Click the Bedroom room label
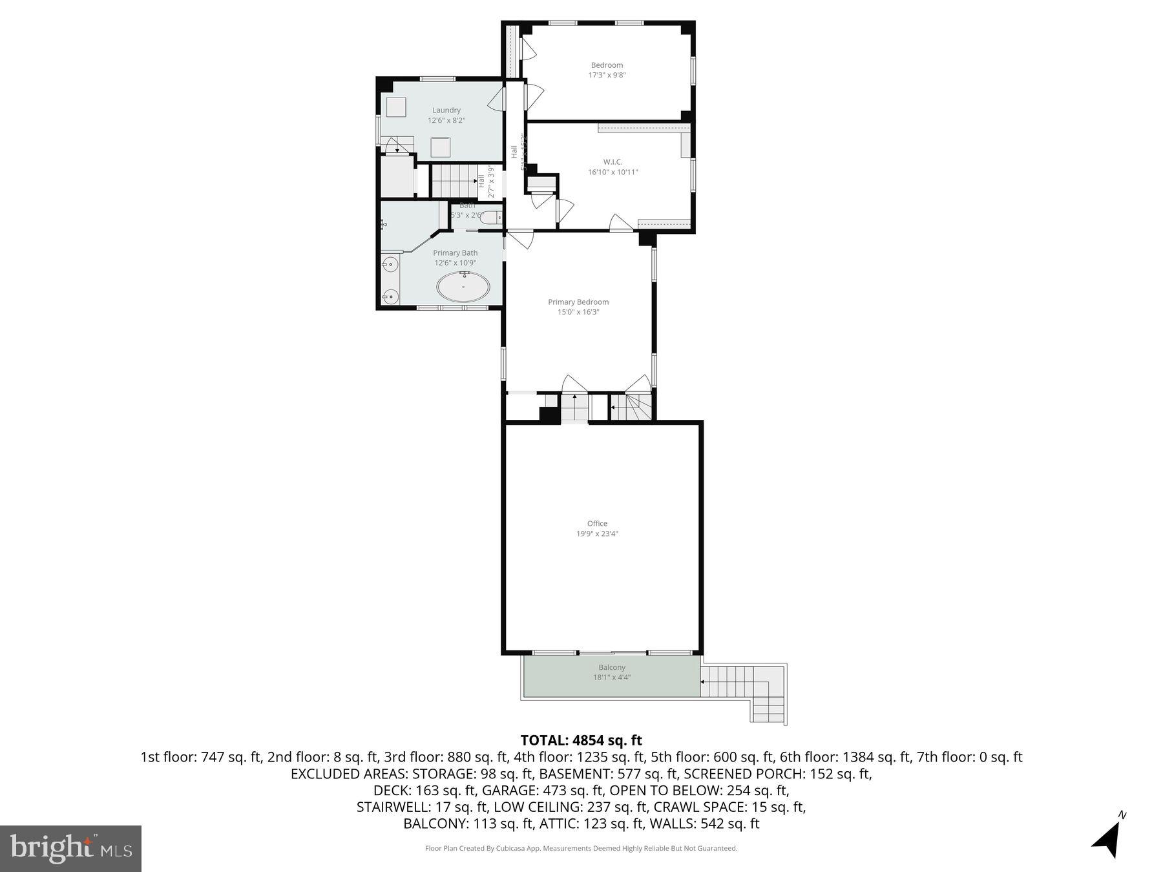pos(607,65)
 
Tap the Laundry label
pos(446,110)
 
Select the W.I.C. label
pos(613,162)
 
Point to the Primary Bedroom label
pos(578,302)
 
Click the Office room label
pos(597,523)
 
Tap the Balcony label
pos(612,667)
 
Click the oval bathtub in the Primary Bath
pos(463,287)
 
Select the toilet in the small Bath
pos(492,217)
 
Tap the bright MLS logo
pos(70,848)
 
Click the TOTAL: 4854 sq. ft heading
pos(581,740)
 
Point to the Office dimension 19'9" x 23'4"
pos(597,534)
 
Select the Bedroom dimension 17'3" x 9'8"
pos(607,75)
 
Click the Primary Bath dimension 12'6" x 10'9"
pos(456,263)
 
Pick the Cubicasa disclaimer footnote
pos(581,848)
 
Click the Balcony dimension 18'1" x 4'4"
pos(612,678)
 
